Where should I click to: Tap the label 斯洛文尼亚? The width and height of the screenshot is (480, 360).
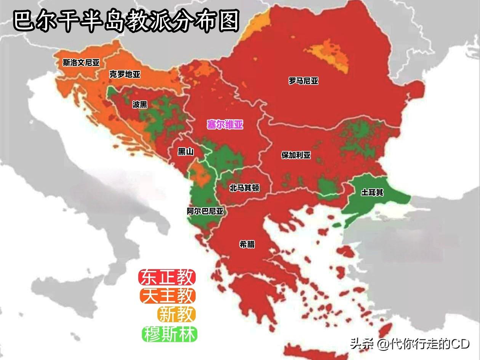[81, 62]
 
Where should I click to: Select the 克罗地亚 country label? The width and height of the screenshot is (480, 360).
[125, 74]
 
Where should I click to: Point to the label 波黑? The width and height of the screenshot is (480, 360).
[140, 104]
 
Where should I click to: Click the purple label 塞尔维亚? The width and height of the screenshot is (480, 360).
[225, 125]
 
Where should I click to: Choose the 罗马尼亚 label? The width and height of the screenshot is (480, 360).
[303, 81]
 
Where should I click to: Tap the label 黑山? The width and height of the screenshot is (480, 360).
[186, 152]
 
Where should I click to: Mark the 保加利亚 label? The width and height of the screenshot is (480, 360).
[296, 155]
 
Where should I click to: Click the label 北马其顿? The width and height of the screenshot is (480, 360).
[245, 188]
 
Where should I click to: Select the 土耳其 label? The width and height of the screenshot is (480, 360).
[372, 192]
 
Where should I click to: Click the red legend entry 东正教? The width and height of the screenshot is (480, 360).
[167, 277]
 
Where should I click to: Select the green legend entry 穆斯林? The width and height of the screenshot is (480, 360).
[170, 334]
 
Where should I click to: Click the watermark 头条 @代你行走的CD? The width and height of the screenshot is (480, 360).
[410, 344]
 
